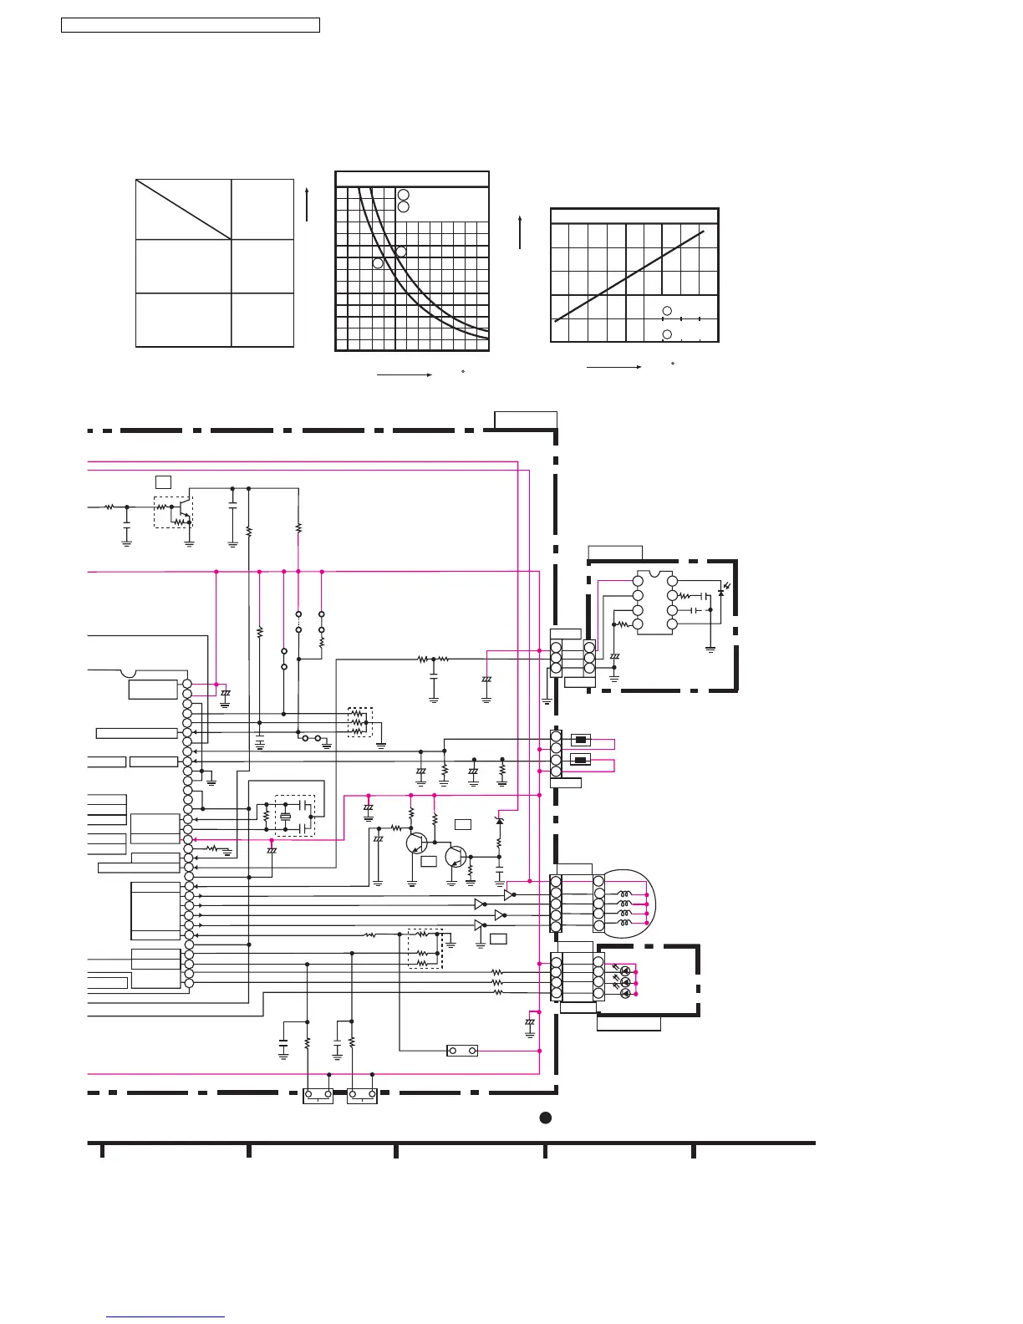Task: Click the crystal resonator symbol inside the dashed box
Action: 286,817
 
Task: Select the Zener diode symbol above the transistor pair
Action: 499,821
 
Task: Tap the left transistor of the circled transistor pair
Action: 416,842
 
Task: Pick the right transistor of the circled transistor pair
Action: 456,857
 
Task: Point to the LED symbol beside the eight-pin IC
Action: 721,593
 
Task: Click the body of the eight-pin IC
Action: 654,603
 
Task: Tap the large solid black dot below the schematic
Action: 545,1118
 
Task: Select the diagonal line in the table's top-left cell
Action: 183,209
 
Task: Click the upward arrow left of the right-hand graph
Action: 520,232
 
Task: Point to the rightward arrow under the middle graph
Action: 404,375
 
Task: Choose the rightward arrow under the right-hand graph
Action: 613,366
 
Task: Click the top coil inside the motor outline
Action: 623,894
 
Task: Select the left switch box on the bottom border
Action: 318,1095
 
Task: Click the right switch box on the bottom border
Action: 362,1095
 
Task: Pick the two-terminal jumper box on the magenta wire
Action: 462,1051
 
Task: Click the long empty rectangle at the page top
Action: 191,25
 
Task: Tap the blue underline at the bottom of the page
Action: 165,1317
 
